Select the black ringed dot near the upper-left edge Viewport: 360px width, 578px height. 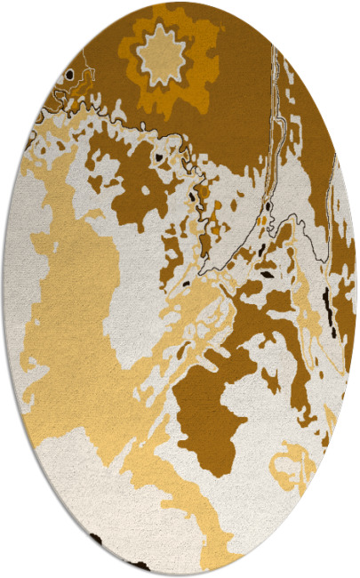[68, 76]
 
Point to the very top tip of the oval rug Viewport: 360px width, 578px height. [180, 2]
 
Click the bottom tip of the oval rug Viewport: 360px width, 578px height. [180, 576]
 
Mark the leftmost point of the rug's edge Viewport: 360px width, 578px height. [3, 289]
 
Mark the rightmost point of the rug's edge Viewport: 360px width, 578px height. [357, 289]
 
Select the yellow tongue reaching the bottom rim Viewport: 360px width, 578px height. [200, 534]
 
